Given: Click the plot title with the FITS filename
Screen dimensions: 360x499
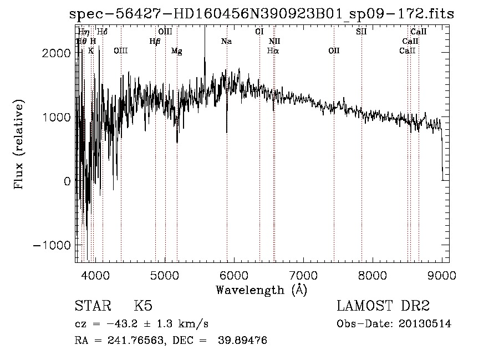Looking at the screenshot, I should pos(261,14).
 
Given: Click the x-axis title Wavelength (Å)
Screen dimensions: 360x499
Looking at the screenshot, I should pos(261,289).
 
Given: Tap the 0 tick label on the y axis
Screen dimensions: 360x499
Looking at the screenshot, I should pos(67,181).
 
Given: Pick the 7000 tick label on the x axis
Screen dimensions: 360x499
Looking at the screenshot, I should pos(303,274).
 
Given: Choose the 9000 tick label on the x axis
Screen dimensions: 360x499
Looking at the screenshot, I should pos(442,274).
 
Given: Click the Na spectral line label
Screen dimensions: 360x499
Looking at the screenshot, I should pos(226,42).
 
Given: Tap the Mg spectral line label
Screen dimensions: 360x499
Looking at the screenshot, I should pos(176,51).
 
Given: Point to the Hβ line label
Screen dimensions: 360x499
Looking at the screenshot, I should pos(155,42).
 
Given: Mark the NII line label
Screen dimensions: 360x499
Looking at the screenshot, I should pos(274,42).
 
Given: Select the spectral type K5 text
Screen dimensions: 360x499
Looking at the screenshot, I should pos(143,306).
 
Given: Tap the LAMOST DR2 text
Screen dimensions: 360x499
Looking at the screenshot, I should pos(383,306).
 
